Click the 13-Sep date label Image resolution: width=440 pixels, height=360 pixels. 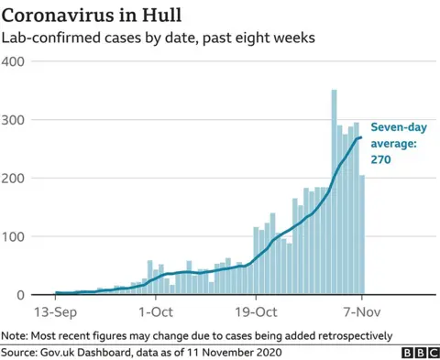(56, 311)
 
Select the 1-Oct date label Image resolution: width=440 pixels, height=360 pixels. (156, 311)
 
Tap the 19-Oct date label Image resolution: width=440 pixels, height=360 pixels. (256, 311)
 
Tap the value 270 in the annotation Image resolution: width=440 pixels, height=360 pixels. (380, 158)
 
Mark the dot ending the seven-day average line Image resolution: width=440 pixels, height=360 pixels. (361, 137)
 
